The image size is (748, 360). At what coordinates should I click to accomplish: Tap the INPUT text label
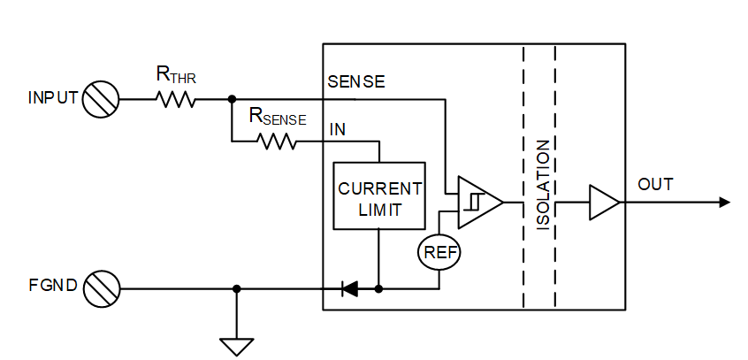[53, 99]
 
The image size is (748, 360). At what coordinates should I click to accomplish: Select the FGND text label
[54, 288]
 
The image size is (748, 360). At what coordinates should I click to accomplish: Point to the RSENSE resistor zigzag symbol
[277, 141]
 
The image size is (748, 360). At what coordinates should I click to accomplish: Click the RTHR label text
[176, 77]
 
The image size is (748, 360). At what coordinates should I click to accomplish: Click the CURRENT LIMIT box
[378, 196]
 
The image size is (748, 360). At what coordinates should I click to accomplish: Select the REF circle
[439, 251]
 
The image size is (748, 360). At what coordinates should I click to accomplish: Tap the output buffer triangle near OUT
[604, 202]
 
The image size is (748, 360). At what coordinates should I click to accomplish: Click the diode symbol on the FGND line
[349, 288]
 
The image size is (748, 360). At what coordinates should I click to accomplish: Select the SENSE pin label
[356, 82]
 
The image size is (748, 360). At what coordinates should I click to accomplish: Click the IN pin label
[338, 129]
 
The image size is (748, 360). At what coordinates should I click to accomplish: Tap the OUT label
[655, 184]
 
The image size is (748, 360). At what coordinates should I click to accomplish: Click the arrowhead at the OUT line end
[724, 202]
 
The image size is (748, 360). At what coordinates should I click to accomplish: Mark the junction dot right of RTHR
[231, 99]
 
